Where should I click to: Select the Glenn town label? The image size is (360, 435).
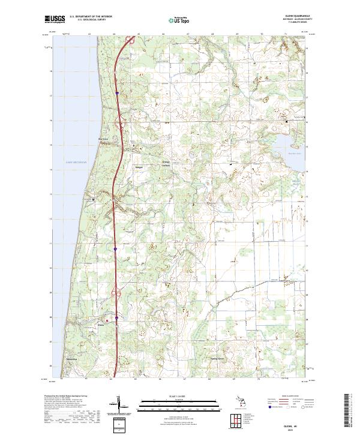101,326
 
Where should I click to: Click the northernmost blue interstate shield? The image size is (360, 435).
117,93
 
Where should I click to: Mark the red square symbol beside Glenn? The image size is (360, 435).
107,321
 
